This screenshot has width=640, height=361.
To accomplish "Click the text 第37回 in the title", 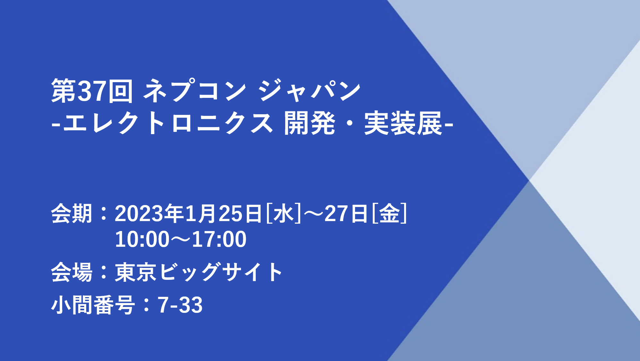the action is click(92, 91).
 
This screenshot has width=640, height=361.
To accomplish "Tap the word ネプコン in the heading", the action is click(195, 91).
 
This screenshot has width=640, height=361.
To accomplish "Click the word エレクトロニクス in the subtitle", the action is click(168, 123).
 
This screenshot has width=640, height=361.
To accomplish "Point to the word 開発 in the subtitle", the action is click(309, 123).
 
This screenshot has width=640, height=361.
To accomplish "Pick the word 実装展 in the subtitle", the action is click(403, 123).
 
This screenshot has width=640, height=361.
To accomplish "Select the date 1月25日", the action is click(223, 213).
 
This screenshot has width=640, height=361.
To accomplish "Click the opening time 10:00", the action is click(142, 239).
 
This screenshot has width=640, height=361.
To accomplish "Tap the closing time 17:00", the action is click(219, 239).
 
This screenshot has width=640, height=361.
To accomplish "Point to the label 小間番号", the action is click(93, 305).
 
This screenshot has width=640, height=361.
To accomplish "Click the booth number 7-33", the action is click(180, 305).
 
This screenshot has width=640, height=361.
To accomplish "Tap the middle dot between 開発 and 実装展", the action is click(349, 123).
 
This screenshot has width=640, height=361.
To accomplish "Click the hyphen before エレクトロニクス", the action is click(56, 126).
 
